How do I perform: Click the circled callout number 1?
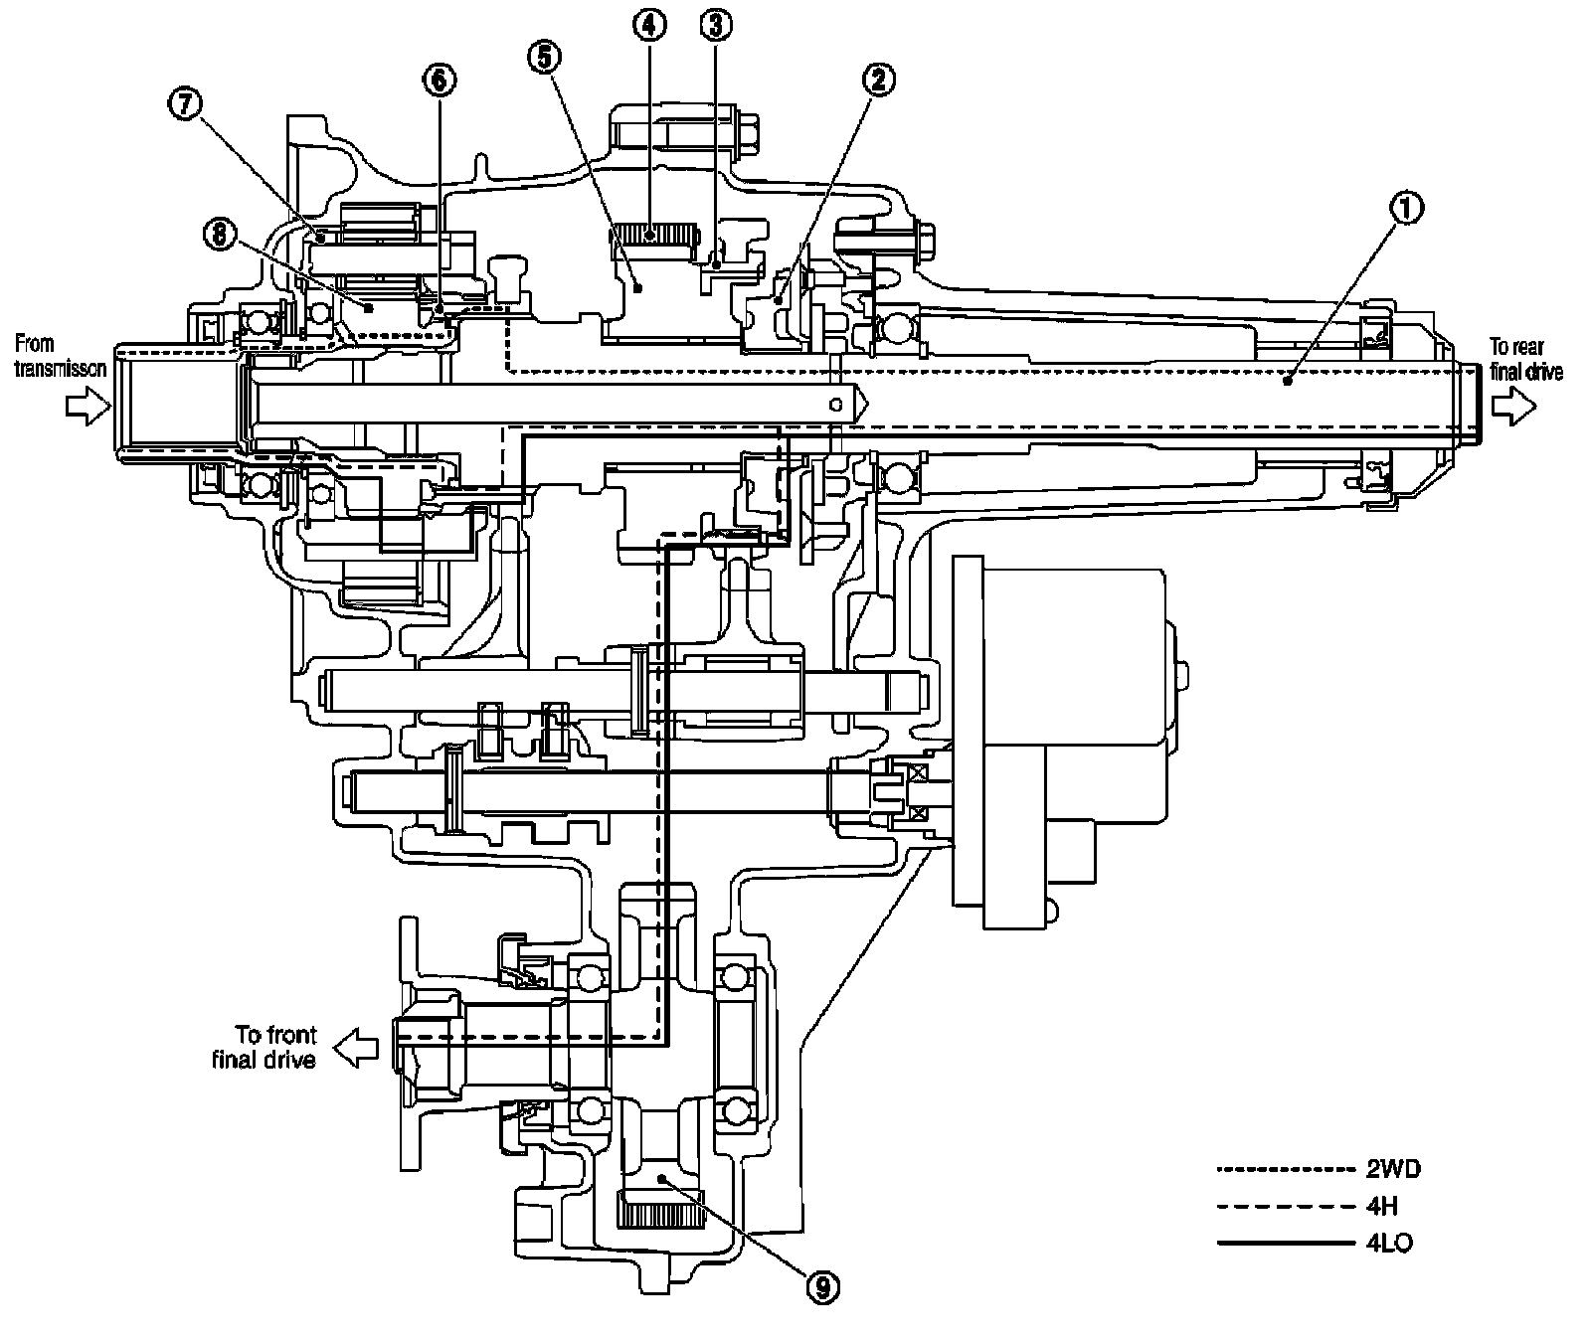[1406, 209]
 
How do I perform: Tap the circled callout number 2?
[877, 81]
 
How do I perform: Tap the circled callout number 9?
[822, 1287]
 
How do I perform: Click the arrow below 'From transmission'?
[87, 406]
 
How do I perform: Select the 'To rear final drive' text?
[1525, 359]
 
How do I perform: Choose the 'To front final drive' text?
[265, 1047]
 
